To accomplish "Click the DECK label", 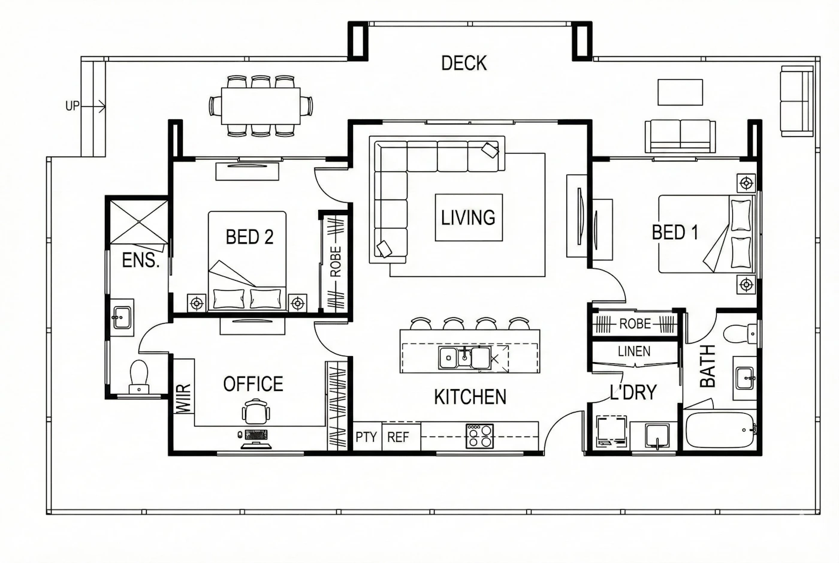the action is tap(464, 63).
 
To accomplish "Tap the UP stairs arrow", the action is tap(93, 107).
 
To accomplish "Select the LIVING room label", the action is tap(468, 218).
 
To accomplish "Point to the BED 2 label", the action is tap(249, 237).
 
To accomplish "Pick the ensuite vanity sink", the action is tap(122, 318).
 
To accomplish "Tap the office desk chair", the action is tap(256, 411).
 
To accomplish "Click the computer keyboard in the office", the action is tap(256, 435).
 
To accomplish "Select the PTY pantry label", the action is tap(366, 437).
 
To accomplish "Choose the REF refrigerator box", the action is tap(401, 436).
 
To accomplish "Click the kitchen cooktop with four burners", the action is tap(479, 436).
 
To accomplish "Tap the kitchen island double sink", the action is tap(465, 358).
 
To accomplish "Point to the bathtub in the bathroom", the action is tap(720, 430).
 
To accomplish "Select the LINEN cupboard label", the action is tap(634, 351).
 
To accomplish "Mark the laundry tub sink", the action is tap(657, 436).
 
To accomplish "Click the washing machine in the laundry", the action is tap(611, 431).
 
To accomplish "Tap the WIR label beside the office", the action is tap(183, 399).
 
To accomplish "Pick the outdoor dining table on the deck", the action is tap(261, 106).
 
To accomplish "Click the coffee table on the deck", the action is tap(680, 92).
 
